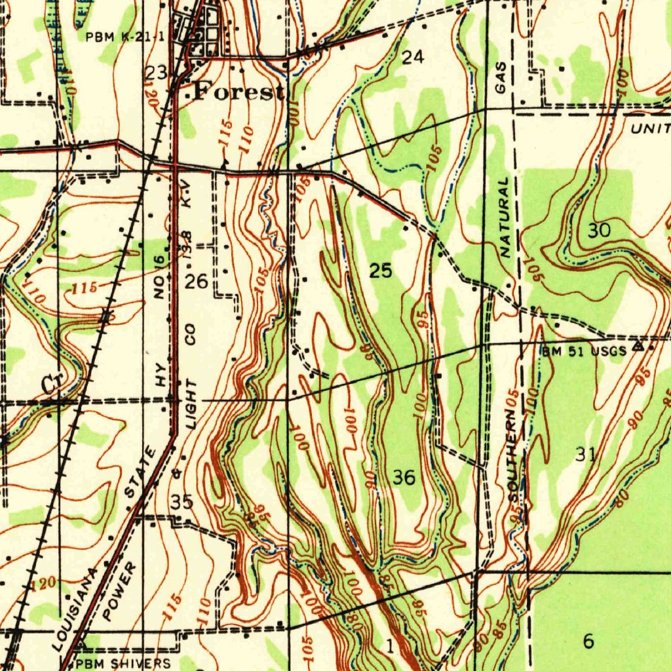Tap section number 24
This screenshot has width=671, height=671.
(413, 58)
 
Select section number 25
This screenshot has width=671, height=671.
(381, 271)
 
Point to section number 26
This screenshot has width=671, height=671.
(196, 282)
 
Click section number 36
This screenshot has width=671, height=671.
(404, 478)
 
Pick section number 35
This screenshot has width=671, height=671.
(182, 503)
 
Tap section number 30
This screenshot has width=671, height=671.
(599, 231)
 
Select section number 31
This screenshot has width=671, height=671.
(585, 454)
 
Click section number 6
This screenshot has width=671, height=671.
(588, 642)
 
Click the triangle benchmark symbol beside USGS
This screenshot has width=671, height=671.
(638, 345)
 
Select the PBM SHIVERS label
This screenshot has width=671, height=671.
(123, 664)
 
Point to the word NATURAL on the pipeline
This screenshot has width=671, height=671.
(505, 217)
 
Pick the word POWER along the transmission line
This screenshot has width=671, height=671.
(121, 590)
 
